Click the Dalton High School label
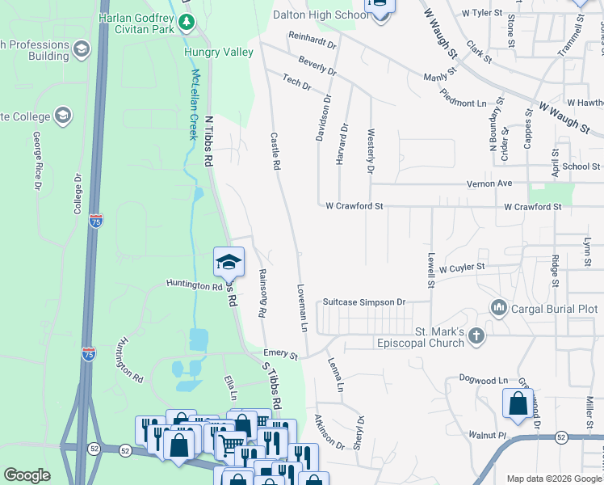(x=321, y=15)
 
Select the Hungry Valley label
(x=218, y=52)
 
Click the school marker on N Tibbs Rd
(x=229, y=262)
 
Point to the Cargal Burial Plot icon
(x=498, y=308)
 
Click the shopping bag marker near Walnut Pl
(x=518, y=404)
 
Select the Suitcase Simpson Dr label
(x=363, y=302)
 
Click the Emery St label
(x=281, y=355)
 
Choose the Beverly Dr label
(x=317, y=65)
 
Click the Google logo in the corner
(x=27, y=475)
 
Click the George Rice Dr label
(x=37, y=167)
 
